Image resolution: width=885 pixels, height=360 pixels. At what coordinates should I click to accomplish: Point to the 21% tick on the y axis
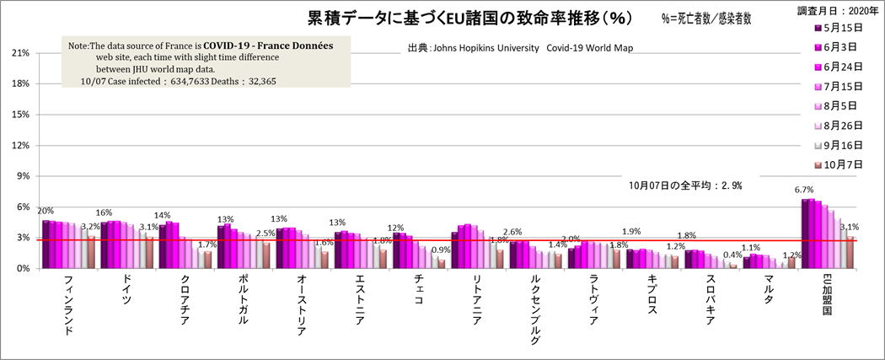point(19,53)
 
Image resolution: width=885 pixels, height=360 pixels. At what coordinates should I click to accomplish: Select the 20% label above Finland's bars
point(46,211)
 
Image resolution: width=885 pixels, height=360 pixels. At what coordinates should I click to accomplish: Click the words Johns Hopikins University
point(485,49)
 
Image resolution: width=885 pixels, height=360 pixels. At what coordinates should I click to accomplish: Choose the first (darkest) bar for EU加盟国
point(804,234)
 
